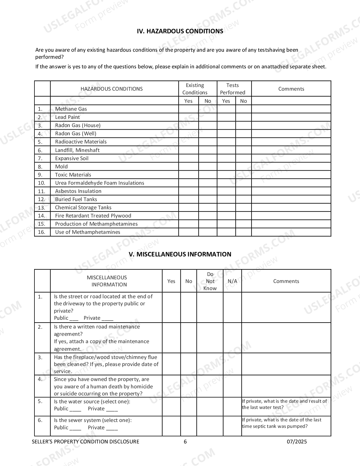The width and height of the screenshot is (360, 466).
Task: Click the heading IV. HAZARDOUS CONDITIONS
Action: point(180,31)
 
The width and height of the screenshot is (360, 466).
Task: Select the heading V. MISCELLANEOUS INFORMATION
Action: point(180,254)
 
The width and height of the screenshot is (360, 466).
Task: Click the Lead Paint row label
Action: point(67,117)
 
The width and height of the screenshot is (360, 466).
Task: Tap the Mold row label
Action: point(61,167)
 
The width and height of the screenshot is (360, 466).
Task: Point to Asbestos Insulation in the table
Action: point(78,191)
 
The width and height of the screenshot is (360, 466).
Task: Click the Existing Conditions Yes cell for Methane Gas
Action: point(188,109)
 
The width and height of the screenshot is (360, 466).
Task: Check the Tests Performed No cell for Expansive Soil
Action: point(243,158)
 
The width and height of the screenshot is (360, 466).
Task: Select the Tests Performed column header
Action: point(233,89)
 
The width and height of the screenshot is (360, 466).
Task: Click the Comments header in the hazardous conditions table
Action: point(291,89)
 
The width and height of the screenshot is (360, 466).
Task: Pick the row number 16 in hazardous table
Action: point(42,232)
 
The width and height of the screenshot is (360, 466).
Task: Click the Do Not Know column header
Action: point(210,281)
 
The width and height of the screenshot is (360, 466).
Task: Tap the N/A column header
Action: point(232,281)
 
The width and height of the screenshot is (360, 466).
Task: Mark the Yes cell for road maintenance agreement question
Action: point(171,338)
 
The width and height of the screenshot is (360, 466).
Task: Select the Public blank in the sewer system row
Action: point(75,428)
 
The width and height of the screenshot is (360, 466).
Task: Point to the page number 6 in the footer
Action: point(185,442)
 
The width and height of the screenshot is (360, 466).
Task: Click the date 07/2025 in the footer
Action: point(297,442)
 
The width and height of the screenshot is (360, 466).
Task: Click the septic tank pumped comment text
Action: point(282,423)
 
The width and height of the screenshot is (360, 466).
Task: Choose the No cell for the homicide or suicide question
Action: point(189,386)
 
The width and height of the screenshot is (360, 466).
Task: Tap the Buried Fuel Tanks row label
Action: point(76,199)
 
